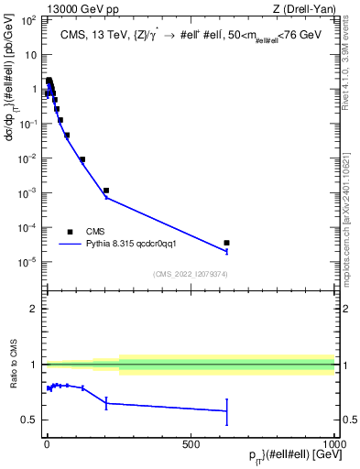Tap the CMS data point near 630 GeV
[226, 243]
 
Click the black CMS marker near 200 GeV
[106, 191]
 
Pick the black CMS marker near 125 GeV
[82, 159]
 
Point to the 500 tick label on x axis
[191, 444]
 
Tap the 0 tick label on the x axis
[47, 444]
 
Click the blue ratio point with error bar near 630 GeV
[226, 410]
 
